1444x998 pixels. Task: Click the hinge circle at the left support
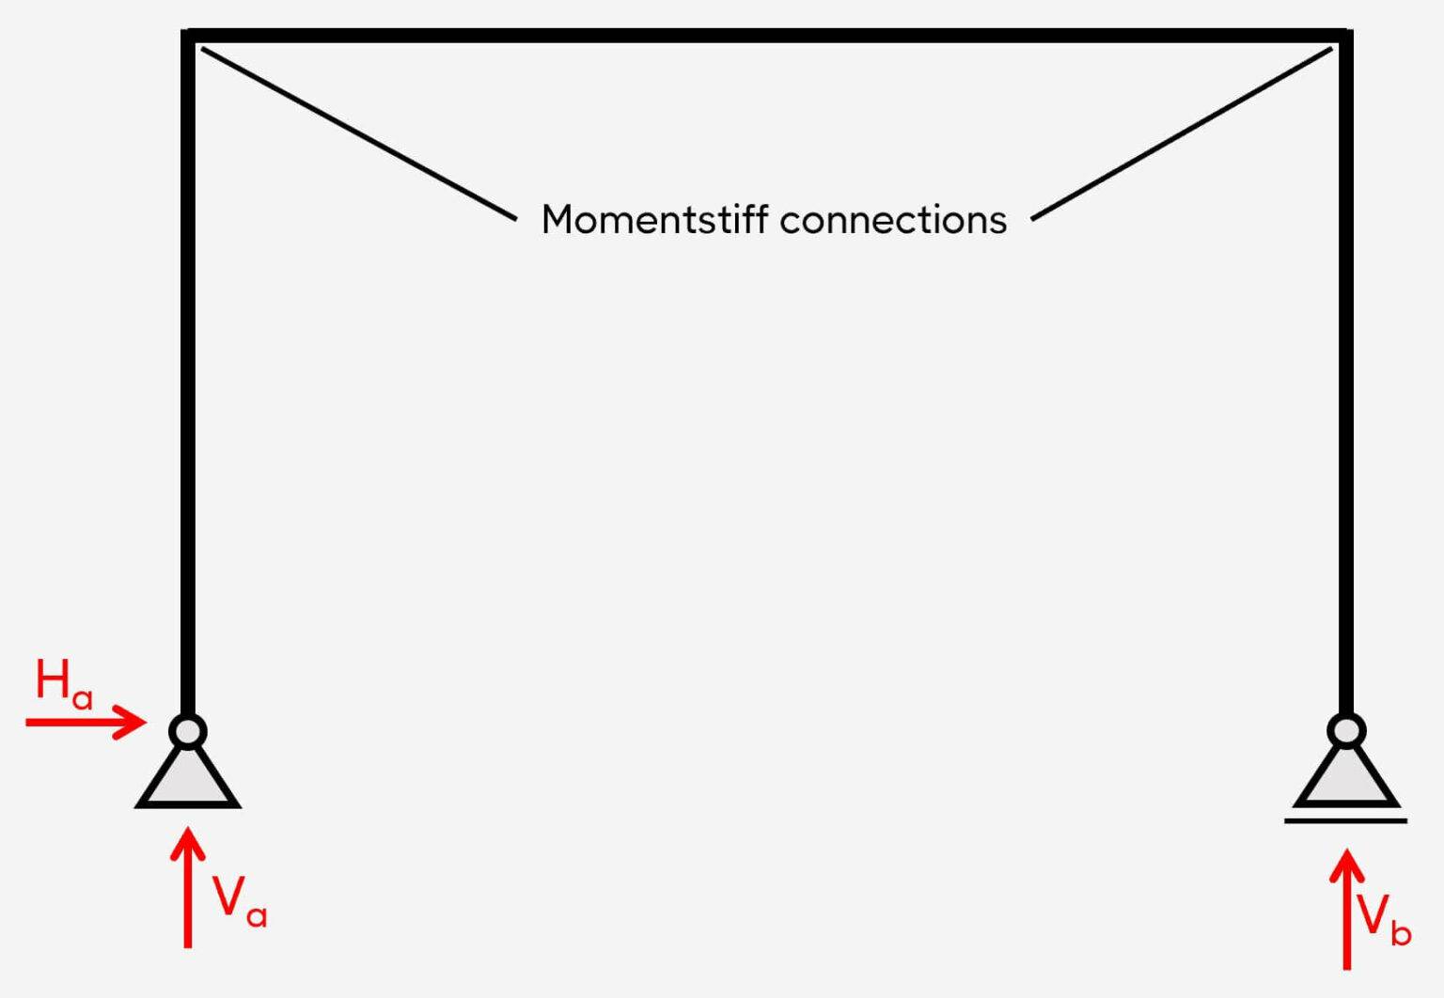click(x=188, y=731)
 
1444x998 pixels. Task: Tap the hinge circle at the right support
click(x=1346, y=731)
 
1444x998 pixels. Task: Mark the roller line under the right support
click(x=1346, y=821)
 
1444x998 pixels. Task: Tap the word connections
click(x=893, y=220)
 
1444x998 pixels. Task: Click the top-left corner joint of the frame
click(x=188, y=36)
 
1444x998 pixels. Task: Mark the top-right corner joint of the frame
click(x=1346, y=36)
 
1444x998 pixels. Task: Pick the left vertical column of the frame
click(x=188, y=376)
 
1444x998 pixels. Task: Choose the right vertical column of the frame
click(x=1346, y=376)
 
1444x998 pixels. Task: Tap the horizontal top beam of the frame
click(x=767, y=36)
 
